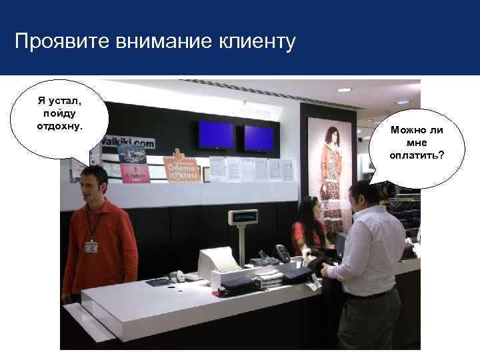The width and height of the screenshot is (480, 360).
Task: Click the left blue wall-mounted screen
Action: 216,135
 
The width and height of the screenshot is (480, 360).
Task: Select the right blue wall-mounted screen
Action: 259,138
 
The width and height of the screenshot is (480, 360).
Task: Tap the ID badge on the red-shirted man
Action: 91,246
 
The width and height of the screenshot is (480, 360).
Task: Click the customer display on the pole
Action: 243,217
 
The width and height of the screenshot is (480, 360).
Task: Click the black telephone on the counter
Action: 283,253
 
